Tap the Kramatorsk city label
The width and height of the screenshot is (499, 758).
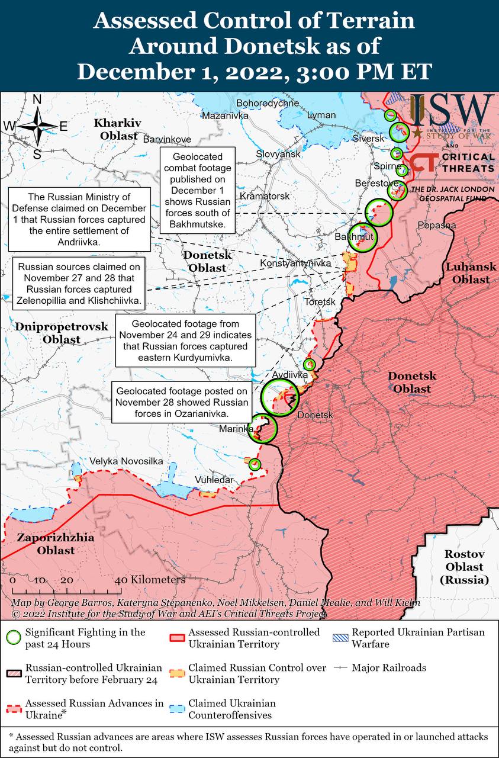pyautogui.click(x=264, y=195)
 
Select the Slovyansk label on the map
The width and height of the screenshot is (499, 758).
pyautogui.click(x=278, y=154)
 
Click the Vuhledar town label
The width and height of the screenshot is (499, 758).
pyautogui.click(x=214, y=480)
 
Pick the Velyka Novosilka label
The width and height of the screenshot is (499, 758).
pyautogui.click(x=126, y=461)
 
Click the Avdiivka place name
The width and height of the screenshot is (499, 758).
pyautogui.click(x=289, y=375)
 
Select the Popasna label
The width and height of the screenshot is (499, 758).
pyautogui.click(x=437, y=225)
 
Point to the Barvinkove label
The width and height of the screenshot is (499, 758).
pyautogui.click(x=167, y=139)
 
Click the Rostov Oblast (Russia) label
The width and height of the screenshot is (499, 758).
pyautogui.click(x=465, y=567)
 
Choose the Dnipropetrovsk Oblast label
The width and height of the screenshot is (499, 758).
pyautogui.click(x=62, y=333)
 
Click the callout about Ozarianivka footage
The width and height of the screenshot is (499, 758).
pyautogui.click(x=182, y=402)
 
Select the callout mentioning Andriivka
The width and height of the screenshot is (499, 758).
pyautogui.click(x=79, y=218)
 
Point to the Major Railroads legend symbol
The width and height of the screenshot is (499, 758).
pyautogui.click(x=340, y=668)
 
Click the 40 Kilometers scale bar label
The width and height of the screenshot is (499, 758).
pyautogui.click(x=153, y=580)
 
